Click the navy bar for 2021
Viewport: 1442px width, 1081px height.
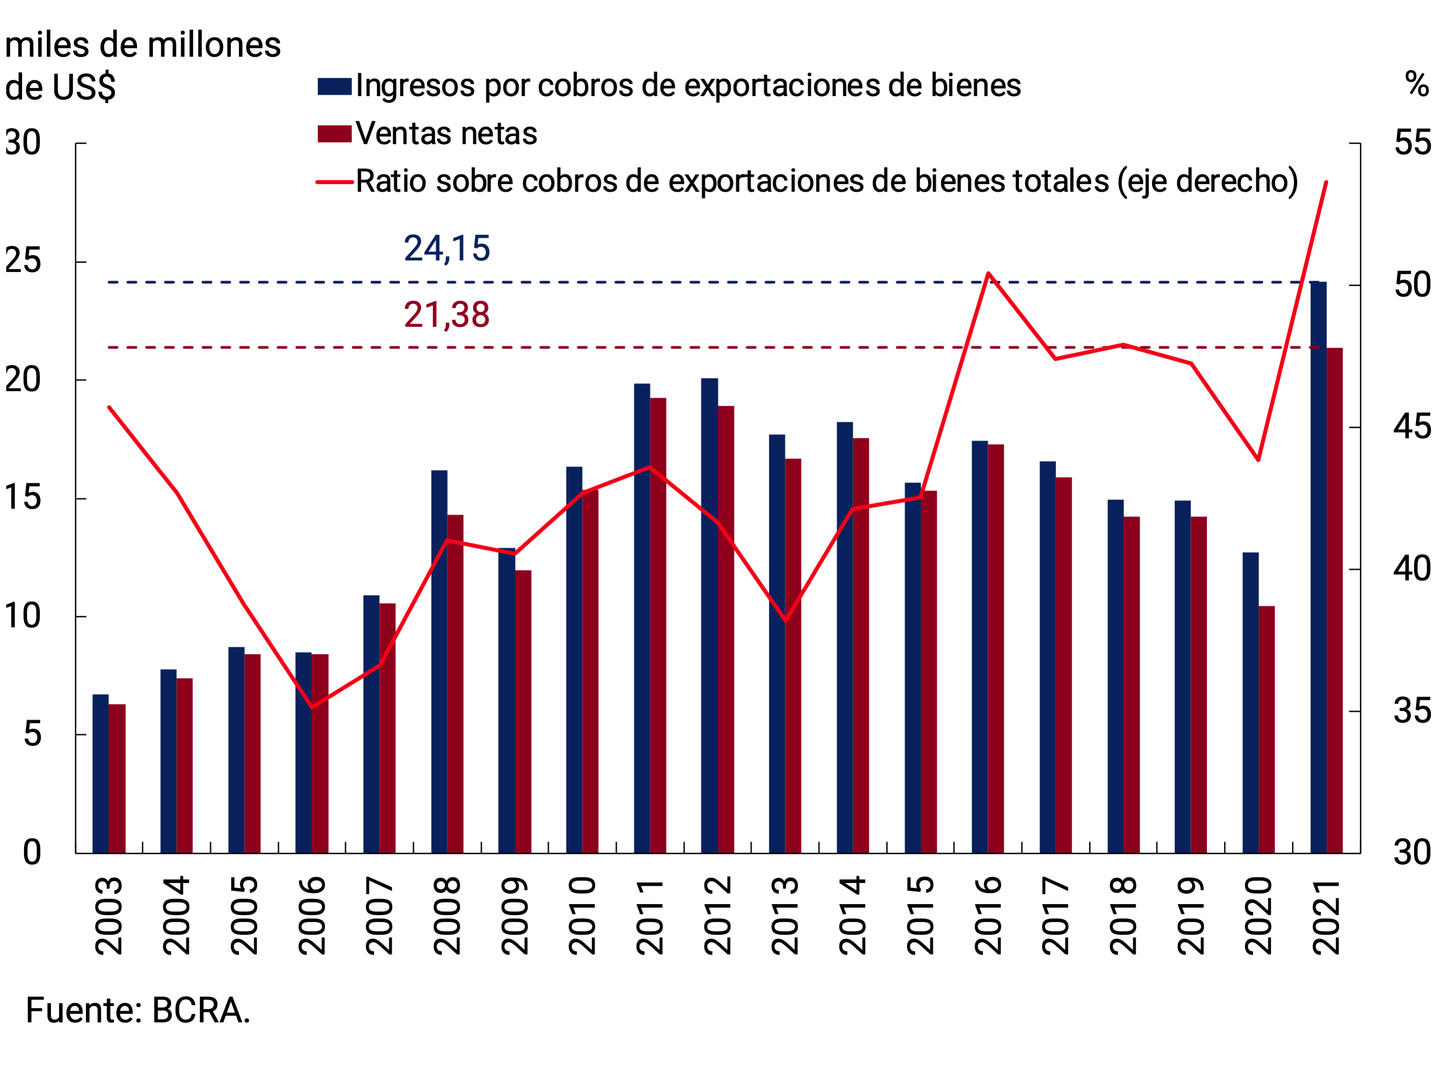point(1318,567)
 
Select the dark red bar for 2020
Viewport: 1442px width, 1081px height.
point(1266,729)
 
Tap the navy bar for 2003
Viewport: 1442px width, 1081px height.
point(100,773)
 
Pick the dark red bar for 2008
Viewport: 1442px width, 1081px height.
point(455,683)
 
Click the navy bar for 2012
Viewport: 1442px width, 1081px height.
point(709,615)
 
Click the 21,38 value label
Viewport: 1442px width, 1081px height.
point(447,315)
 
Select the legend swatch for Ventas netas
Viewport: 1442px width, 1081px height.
point(335,134)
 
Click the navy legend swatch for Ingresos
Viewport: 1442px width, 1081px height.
point(335,86)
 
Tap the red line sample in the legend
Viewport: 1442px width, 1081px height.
point(335,182)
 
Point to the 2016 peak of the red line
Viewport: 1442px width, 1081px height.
point(988,273)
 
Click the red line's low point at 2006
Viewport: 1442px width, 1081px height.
point(312,707)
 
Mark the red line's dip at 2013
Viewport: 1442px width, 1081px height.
point(786,621)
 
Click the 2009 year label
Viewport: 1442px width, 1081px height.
point(514,916)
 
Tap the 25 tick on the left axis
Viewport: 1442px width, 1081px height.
point(23,261)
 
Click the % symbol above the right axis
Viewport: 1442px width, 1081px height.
point(1417,85)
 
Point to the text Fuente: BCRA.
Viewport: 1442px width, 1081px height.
point(138,1011)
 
